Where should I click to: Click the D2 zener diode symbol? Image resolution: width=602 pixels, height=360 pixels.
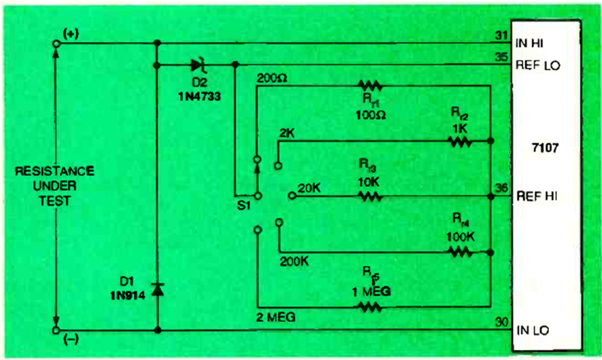click(198, 66)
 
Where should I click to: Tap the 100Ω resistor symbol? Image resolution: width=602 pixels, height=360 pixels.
click(371, 86)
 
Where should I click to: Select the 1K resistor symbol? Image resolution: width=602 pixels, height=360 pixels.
click(459, 142)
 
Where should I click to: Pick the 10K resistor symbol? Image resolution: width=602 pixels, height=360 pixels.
click(371, 196)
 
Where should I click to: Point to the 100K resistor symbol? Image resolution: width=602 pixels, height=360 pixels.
click(459, 252)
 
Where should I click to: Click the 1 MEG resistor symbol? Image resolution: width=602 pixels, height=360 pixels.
click(371, 306)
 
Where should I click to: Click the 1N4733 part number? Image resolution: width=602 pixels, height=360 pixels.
click(196, 96)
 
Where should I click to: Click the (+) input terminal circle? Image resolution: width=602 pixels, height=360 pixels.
click(56, 44)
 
